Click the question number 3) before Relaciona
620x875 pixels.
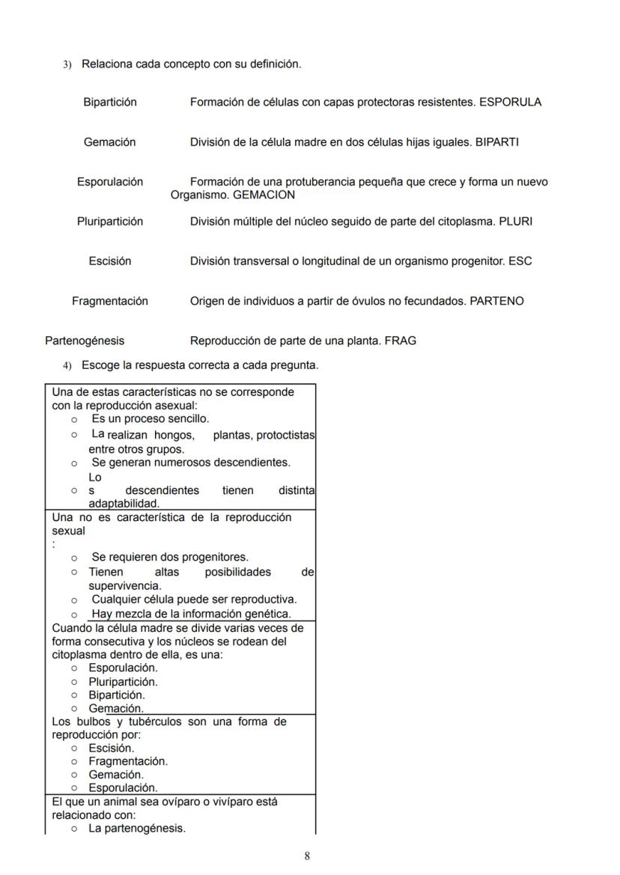point(66,64)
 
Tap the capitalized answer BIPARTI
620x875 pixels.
point(496,142)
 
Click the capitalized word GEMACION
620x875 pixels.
point(264,195)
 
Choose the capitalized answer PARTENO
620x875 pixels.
point(496,301)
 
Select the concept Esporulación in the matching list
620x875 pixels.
point(110,182)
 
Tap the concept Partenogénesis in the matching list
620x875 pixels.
point(85,341)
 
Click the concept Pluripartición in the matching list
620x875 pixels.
point(110,222)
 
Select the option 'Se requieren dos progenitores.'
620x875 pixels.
point(170,557)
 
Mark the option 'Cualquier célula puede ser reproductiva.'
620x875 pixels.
point(194,599)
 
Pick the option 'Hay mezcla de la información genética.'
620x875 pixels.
point(191,614)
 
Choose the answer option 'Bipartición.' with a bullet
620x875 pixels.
point(117,695)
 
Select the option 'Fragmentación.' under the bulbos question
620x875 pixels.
point(128,761)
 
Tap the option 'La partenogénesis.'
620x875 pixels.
point(136,829)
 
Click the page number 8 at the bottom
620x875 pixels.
point(307,856)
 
